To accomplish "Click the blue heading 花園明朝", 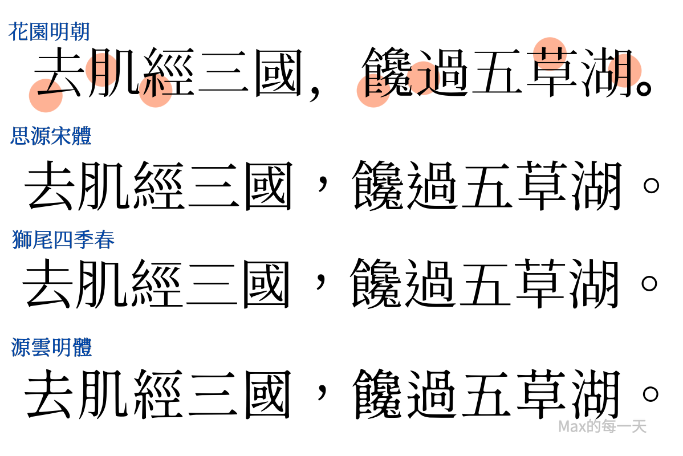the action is click(49, 32).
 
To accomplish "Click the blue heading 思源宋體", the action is click(51, 136).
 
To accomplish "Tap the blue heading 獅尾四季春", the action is click(63, 239).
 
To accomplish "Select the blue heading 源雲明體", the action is click(51, 348).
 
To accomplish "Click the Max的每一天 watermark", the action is click(602, 426).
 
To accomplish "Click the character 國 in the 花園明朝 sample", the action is click(278, 72).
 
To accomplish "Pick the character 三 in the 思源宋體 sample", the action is click(216, 186).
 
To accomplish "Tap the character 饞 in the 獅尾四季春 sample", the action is click(376, 283).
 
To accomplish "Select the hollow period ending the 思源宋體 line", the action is click(651, 186).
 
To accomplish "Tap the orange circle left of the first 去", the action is click(46, 95).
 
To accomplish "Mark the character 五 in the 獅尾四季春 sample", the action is click(486, 284).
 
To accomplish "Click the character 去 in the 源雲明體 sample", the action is click(49, 394).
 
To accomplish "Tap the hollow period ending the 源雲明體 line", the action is click(651, 394).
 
